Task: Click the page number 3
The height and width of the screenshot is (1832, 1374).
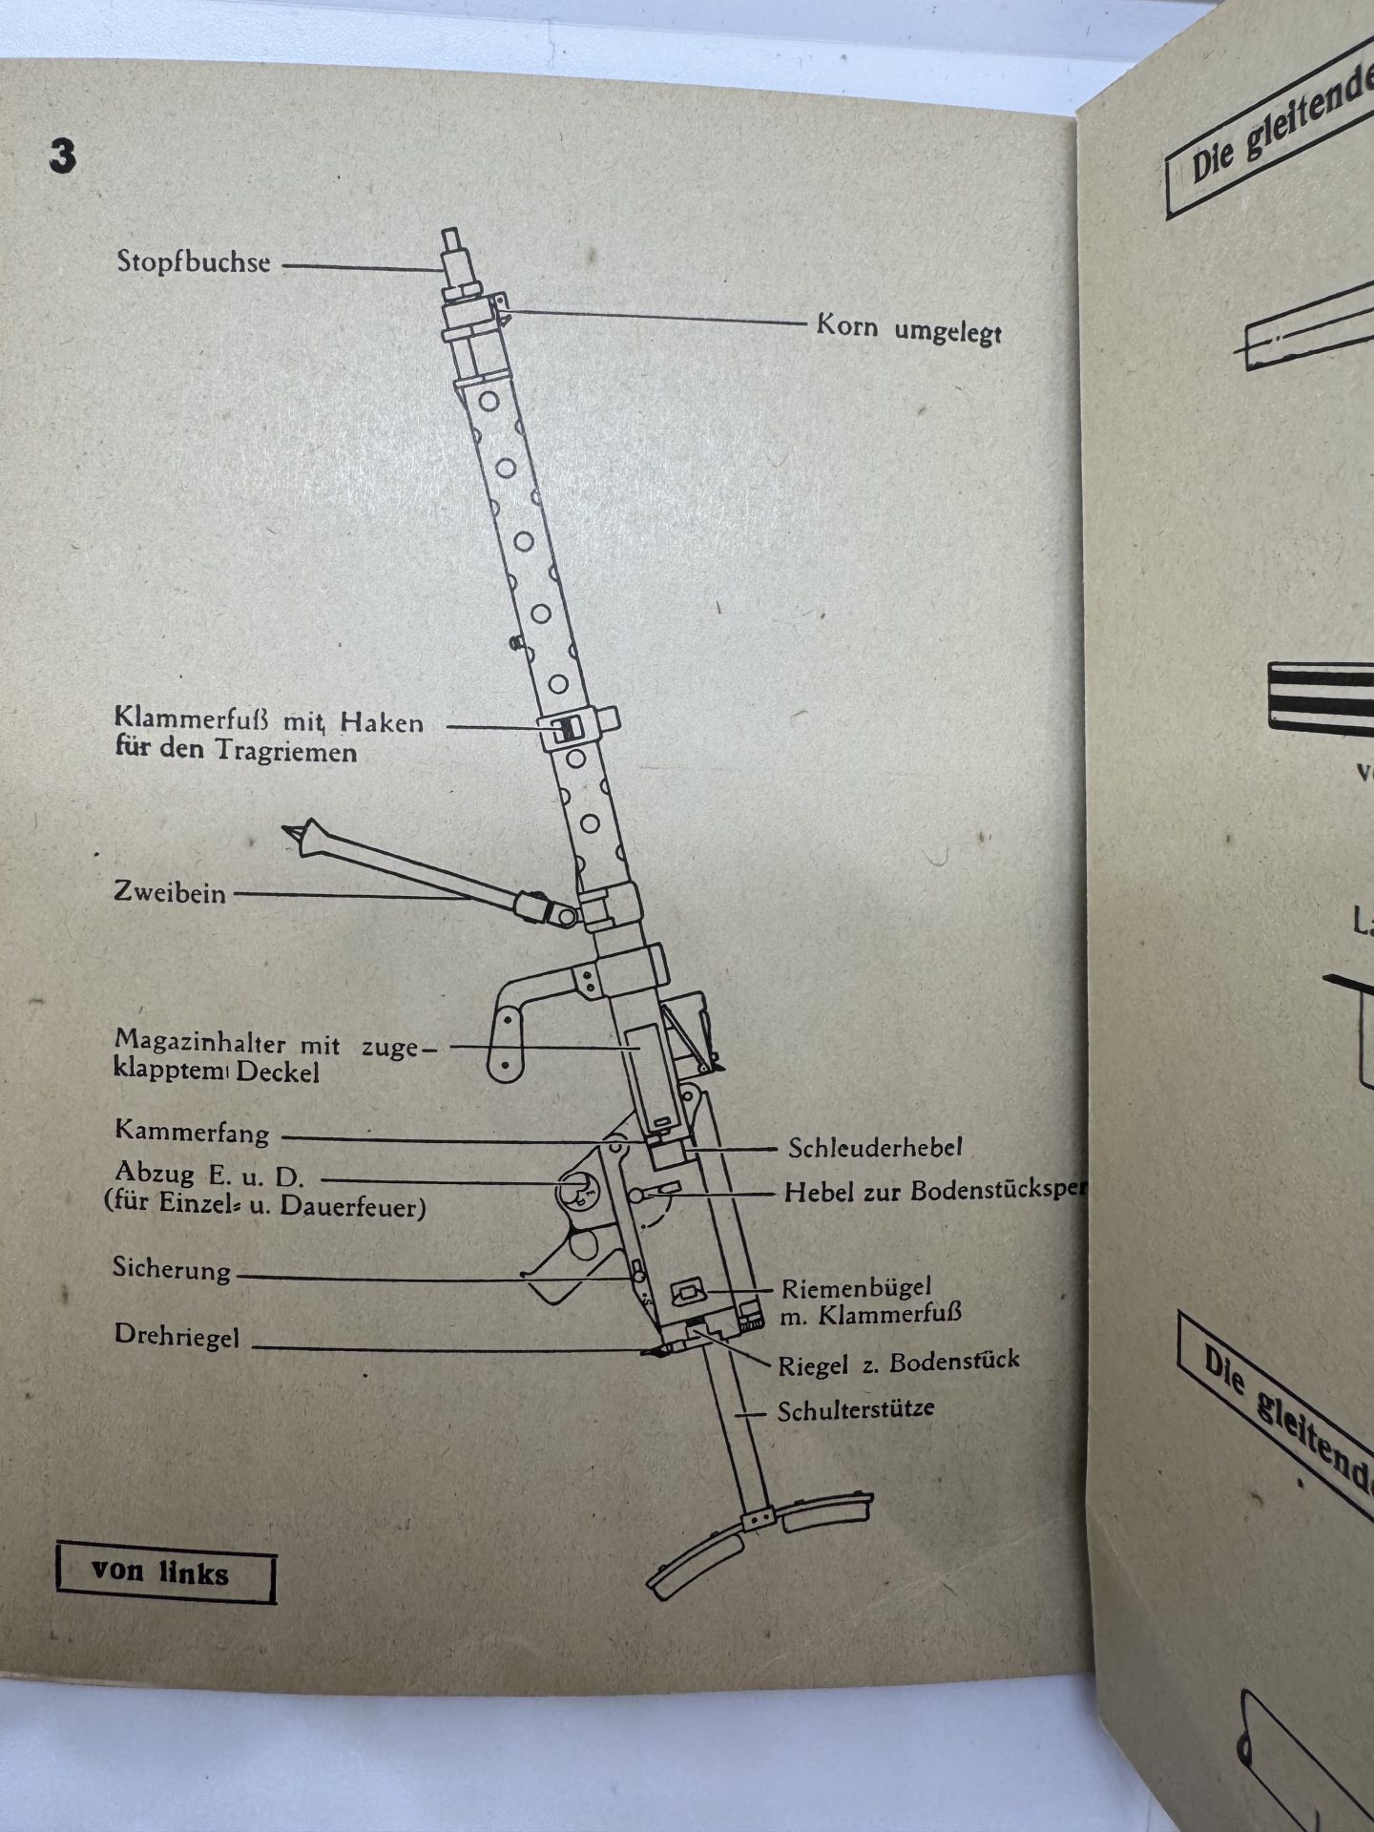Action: click(62, 156)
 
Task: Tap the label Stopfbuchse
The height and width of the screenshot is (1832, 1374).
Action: click(194, 261)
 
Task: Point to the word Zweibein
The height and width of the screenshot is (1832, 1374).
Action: click(170, 893)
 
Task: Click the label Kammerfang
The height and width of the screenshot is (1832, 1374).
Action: click(192, 1133)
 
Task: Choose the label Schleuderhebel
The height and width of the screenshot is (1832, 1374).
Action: click(875, 1147)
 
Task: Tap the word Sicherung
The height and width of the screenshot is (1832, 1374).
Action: click(172, 1269)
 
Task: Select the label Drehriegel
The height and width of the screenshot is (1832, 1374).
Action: click(177, 1335)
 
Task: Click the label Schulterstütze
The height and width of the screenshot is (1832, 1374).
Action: click(856, 1409)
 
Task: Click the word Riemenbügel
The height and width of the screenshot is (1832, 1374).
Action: click(856, 1289)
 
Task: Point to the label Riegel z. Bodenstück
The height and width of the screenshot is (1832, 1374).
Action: click(898, 1363)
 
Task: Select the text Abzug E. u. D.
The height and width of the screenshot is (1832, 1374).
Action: click(209, 1174)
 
